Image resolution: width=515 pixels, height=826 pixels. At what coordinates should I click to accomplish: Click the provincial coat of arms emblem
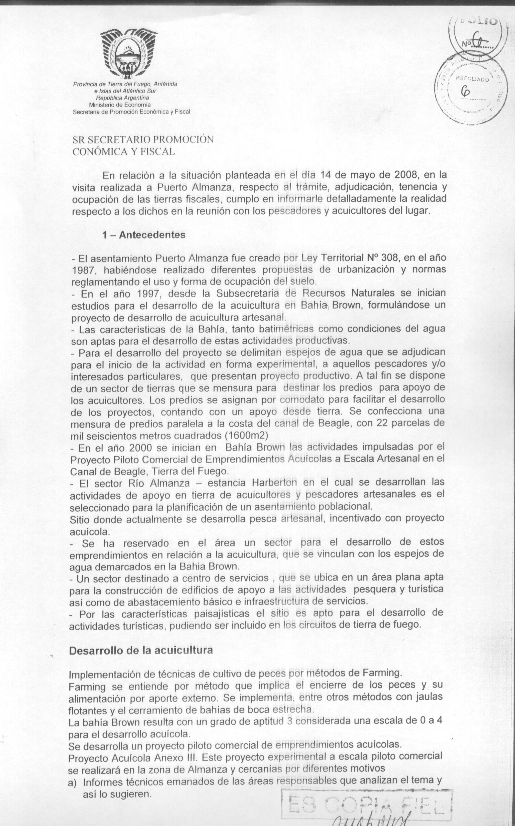coord(128,54)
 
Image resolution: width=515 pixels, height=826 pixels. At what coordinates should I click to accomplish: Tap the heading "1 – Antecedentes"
coord(144,235)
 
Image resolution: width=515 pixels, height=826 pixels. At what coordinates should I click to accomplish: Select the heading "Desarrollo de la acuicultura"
coord(141,650)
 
